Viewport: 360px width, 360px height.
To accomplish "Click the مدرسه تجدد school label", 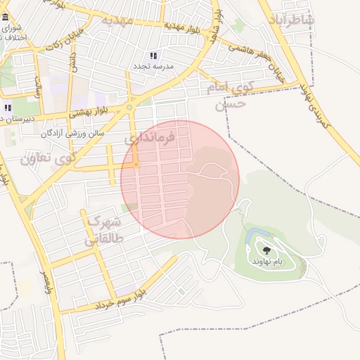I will pos(153,65).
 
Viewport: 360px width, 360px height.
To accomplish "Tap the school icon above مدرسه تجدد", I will pos(153,56).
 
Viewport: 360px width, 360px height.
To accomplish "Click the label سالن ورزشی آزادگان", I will pos(72,132).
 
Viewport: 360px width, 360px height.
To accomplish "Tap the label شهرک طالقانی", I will pos(103,230).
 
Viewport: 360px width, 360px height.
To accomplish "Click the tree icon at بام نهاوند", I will pos(266,250).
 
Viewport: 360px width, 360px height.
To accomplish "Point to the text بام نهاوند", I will pos(267,261).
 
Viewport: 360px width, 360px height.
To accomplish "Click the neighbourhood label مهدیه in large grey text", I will pos(116,20).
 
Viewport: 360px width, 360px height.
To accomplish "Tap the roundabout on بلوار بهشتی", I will pos(130,108).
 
